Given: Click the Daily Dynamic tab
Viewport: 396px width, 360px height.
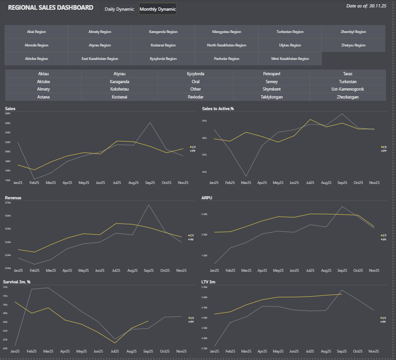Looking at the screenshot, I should [x=119, y=9].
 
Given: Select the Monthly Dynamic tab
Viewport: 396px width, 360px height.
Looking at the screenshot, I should [x=158, y=9].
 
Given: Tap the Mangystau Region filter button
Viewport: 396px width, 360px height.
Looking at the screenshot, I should [x=227, y=32].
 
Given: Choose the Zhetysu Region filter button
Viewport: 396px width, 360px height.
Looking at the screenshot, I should [x=353, y=46].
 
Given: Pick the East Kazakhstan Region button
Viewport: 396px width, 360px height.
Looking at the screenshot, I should [x=100, y=59].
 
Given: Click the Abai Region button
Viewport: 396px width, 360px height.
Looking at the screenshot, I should [x=37, y=32].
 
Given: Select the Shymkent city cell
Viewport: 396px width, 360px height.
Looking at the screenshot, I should [x=272, y=89].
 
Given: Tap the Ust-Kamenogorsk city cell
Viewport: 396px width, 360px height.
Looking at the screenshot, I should [x=348, y=89].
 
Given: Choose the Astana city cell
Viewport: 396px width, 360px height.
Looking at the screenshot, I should [x=43, y=97].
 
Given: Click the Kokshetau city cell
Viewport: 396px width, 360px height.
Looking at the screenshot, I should [x=119, y=89].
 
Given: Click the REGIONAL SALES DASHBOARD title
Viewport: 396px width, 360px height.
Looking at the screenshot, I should [x=51, y=8].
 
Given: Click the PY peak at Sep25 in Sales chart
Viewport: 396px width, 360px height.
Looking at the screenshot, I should [x=149, y=123].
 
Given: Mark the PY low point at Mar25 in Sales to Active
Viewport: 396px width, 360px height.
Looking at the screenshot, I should [x=246, y=177].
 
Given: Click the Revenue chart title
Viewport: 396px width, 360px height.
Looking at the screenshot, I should [x=13, y=198].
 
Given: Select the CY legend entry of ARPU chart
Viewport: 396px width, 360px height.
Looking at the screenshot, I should [x=383, y=235].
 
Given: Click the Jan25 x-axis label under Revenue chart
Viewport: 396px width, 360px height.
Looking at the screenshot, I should [x=19, y=270].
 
